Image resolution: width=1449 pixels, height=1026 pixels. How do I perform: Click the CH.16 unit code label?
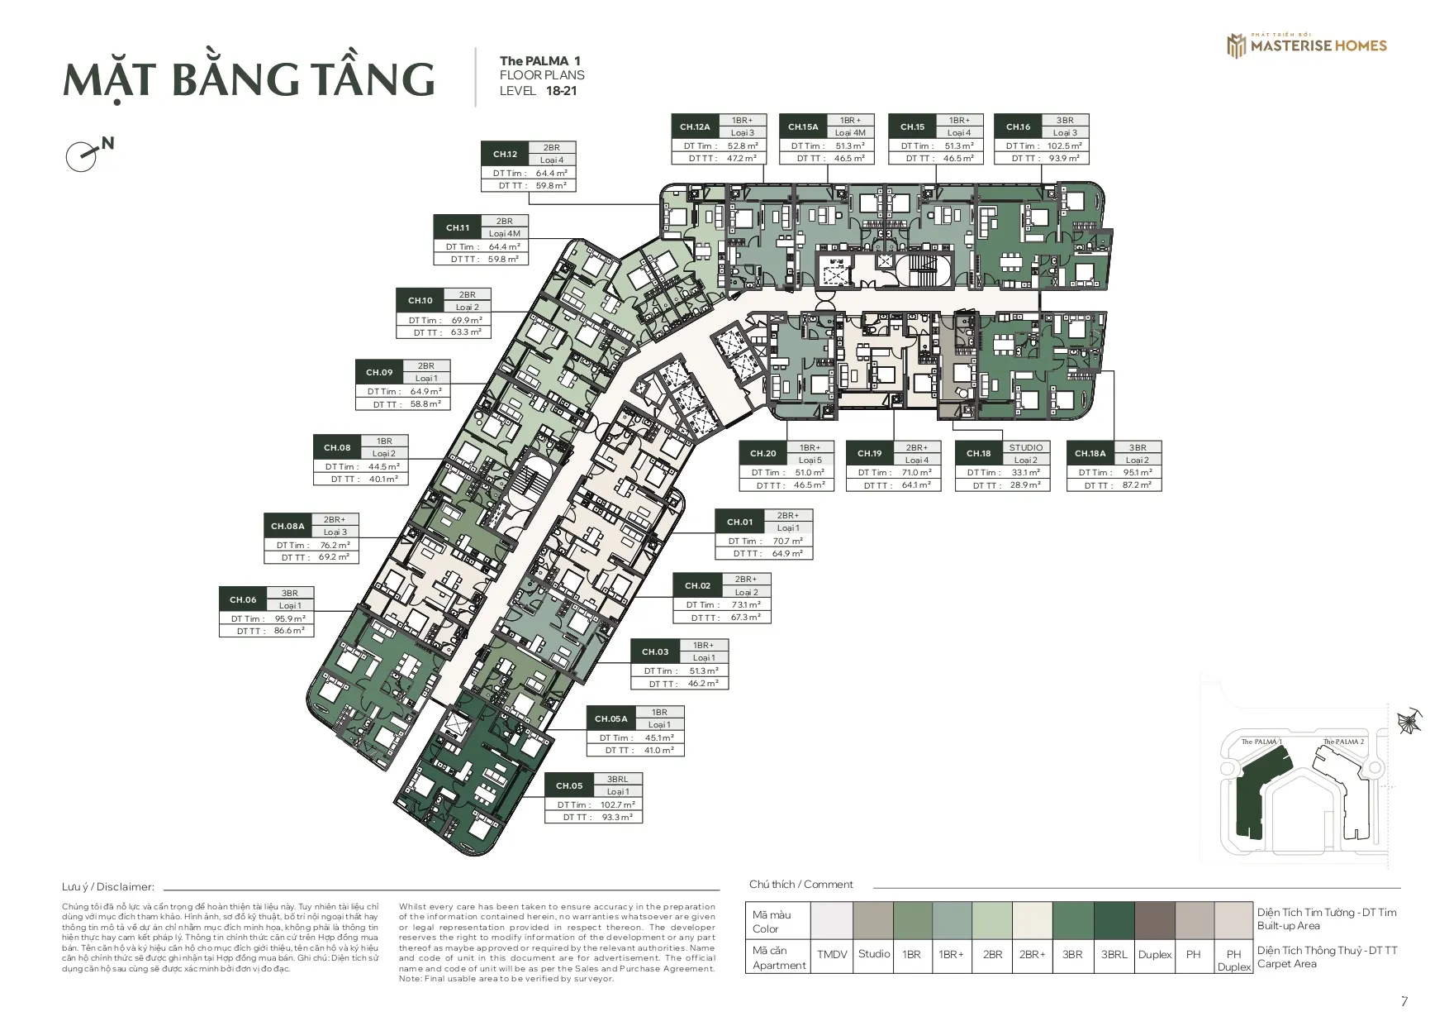point(1018,126)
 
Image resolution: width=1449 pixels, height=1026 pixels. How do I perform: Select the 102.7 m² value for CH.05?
point(618,804)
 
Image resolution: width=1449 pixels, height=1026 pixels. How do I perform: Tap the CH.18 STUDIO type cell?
point(1025,447)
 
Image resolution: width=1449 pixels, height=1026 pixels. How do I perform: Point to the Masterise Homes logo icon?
point(1236,45)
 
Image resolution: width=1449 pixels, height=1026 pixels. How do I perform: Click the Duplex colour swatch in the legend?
point(1154,921)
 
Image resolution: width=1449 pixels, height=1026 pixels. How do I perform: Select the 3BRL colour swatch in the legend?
point(1114,921)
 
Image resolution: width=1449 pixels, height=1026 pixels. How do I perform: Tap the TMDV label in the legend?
point(831,954)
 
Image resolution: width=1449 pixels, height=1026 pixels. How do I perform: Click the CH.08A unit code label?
point(287,526)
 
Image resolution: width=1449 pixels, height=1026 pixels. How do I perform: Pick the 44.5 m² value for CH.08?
point(383,466)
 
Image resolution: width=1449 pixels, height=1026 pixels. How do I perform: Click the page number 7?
point(1404,1001)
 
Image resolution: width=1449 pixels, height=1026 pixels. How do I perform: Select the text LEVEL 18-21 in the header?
point(538,91)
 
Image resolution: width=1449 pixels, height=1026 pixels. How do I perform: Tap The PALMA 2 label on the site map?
point(1343,742)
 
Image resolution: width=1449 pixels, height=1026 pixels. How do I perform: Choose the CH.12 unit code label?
point(505,154)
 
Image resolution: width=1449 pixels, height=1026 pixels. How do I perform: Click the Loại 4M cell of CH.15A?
point(849,132)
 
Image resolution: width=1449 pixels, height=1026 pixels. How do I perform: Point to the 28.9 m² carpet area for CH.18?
point(1024,485)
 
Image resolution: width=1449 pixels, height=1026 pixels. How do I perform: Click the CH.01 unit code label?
point(739,522)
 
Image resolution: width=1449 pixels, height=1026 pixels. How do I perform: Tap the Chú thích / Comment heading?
point(801,884)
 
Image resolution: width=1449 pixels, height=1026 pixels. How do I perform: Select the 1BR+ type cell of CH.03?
point(703,645)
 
